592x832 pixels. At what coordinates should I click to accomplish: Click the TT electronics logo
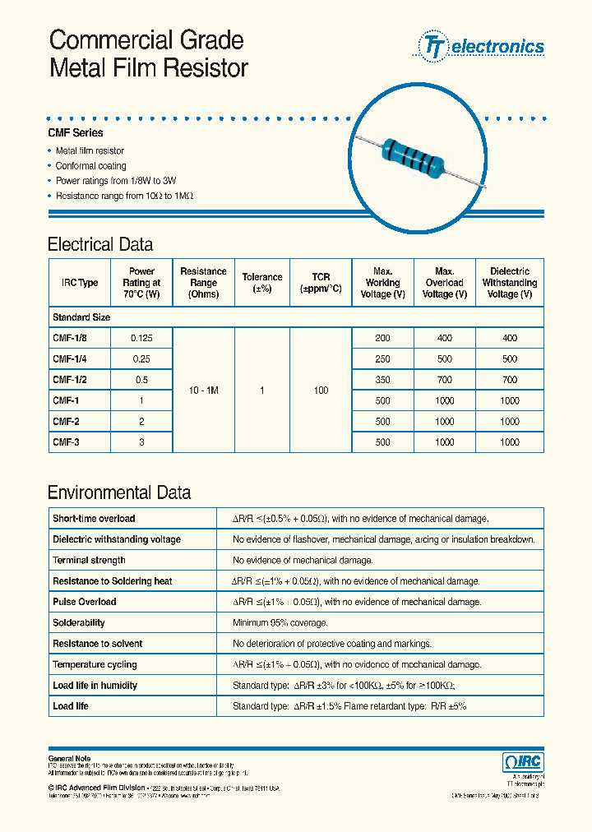[482, 46]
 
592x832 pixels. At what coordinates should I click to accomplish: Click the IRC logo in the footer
[522, 762]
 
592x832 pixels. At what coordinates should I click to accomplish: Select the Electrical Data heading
[100, 244]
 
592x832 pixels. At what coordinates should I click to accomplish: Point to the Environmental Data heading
[119, 493]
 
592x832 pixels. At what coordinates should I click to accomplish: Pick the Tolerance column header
[262, 283]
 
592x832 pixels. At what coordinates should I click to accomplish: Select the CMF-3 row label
[67, 442]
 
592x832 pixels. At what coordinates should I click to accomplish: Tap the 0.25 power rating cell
[141, 358]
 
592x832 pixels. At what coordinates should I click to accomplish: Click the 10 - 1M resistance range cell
[203, 391]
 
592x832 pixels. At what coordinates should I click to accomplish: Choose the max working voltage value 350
[382, 380]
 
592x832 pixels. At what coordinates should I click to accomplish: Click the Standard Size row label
[81, 317]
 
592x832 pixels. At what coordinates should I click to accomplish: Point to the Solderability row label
[79, 623]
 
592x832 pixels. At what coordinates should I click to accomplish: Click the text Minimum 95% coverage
[280, 623]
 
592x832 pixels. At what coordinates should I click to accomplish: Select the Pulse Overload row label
[85, 602]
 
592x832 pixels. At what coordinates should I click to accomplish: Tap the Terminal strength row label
[89, 560]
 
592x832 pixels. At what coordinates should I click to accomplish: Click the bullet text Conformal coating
[90, 166]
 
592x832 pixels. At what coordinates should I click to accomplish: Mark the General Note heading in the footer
[70, 758]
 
